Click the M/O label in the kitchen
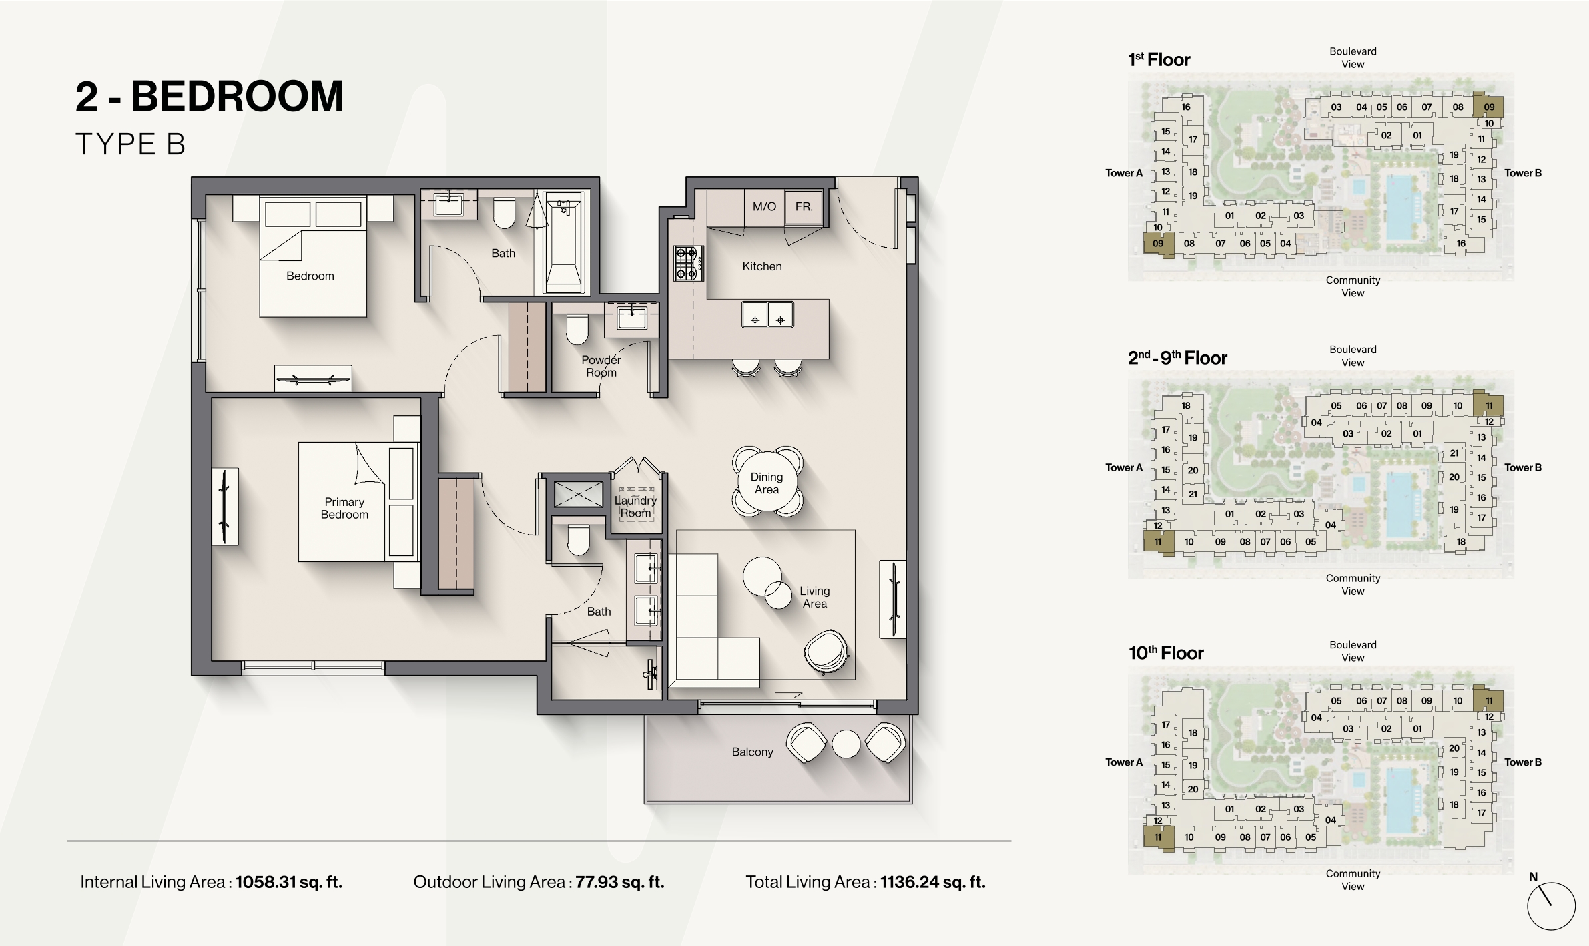tap(764, 207)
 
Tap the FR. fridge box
tap(804, 207)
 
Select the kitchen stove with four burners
tap(688, 263)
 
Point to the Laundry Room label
tap(635, 507)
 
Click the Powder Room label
tap(601, 366)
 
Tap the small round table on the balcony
tap(846, 744)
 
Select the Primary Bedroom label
tap(344, 508)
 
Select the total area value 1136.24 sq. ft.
tap(932, 882)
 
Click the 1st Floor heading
tap(1159, 60)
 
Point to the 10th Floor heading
tap(1166, 653)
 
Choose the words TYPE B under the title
tap(130, 144)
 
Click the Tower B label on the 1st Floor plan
tap(1523, 173)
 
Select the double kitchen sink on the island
tap(767, 314)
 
